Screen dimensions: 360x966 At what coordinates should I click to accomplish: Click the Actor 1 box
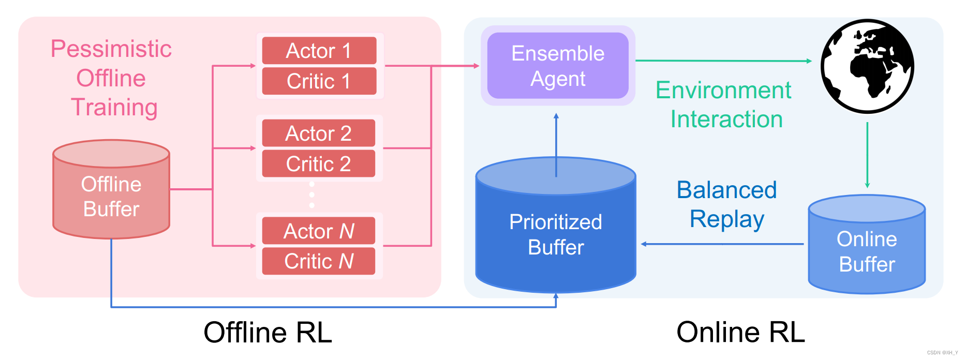pos(319,51)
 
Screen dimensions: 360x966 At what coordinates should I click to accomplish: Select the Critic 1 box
pos(319,81)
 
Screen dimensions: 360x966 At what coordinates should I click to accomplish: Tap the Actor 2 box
pos(319,133)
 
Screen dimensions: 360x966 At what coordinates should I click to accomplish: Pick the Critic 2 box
pos(319,164)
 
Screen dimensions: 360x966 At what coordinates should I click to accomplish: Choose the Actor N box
pos(319,231)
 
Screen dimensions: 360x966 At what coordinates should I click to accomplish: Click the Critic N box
pos(319,261)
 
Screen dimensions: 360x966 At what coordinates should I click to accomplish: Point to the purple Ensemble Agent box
pos(558,66)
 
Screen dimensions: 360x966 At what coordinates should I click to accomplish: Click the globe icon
pos(867,66)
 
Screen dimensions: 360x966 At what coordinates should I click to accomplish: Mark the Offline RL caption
pos(267,332)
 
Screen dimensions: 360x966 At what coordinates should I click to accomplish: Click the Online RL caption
pos(740,332)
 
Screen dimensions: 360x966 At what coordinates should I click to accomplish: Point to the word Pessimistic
pos(111,49)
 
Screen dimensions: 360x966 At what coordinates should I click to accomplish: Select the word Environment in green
pos(723,91)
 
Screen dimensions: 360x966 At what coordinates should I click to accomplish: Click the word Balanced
pos(726,190)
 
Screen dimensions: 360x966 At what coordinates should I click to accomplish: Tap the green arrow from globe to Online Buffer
pos(867,155)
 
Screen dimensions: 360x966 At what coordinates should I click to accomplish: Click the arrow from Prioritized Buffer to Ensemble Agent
pos(556,145)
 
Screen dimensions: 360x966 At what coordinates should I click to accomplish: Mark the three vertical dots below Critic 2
pos(311,195)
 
